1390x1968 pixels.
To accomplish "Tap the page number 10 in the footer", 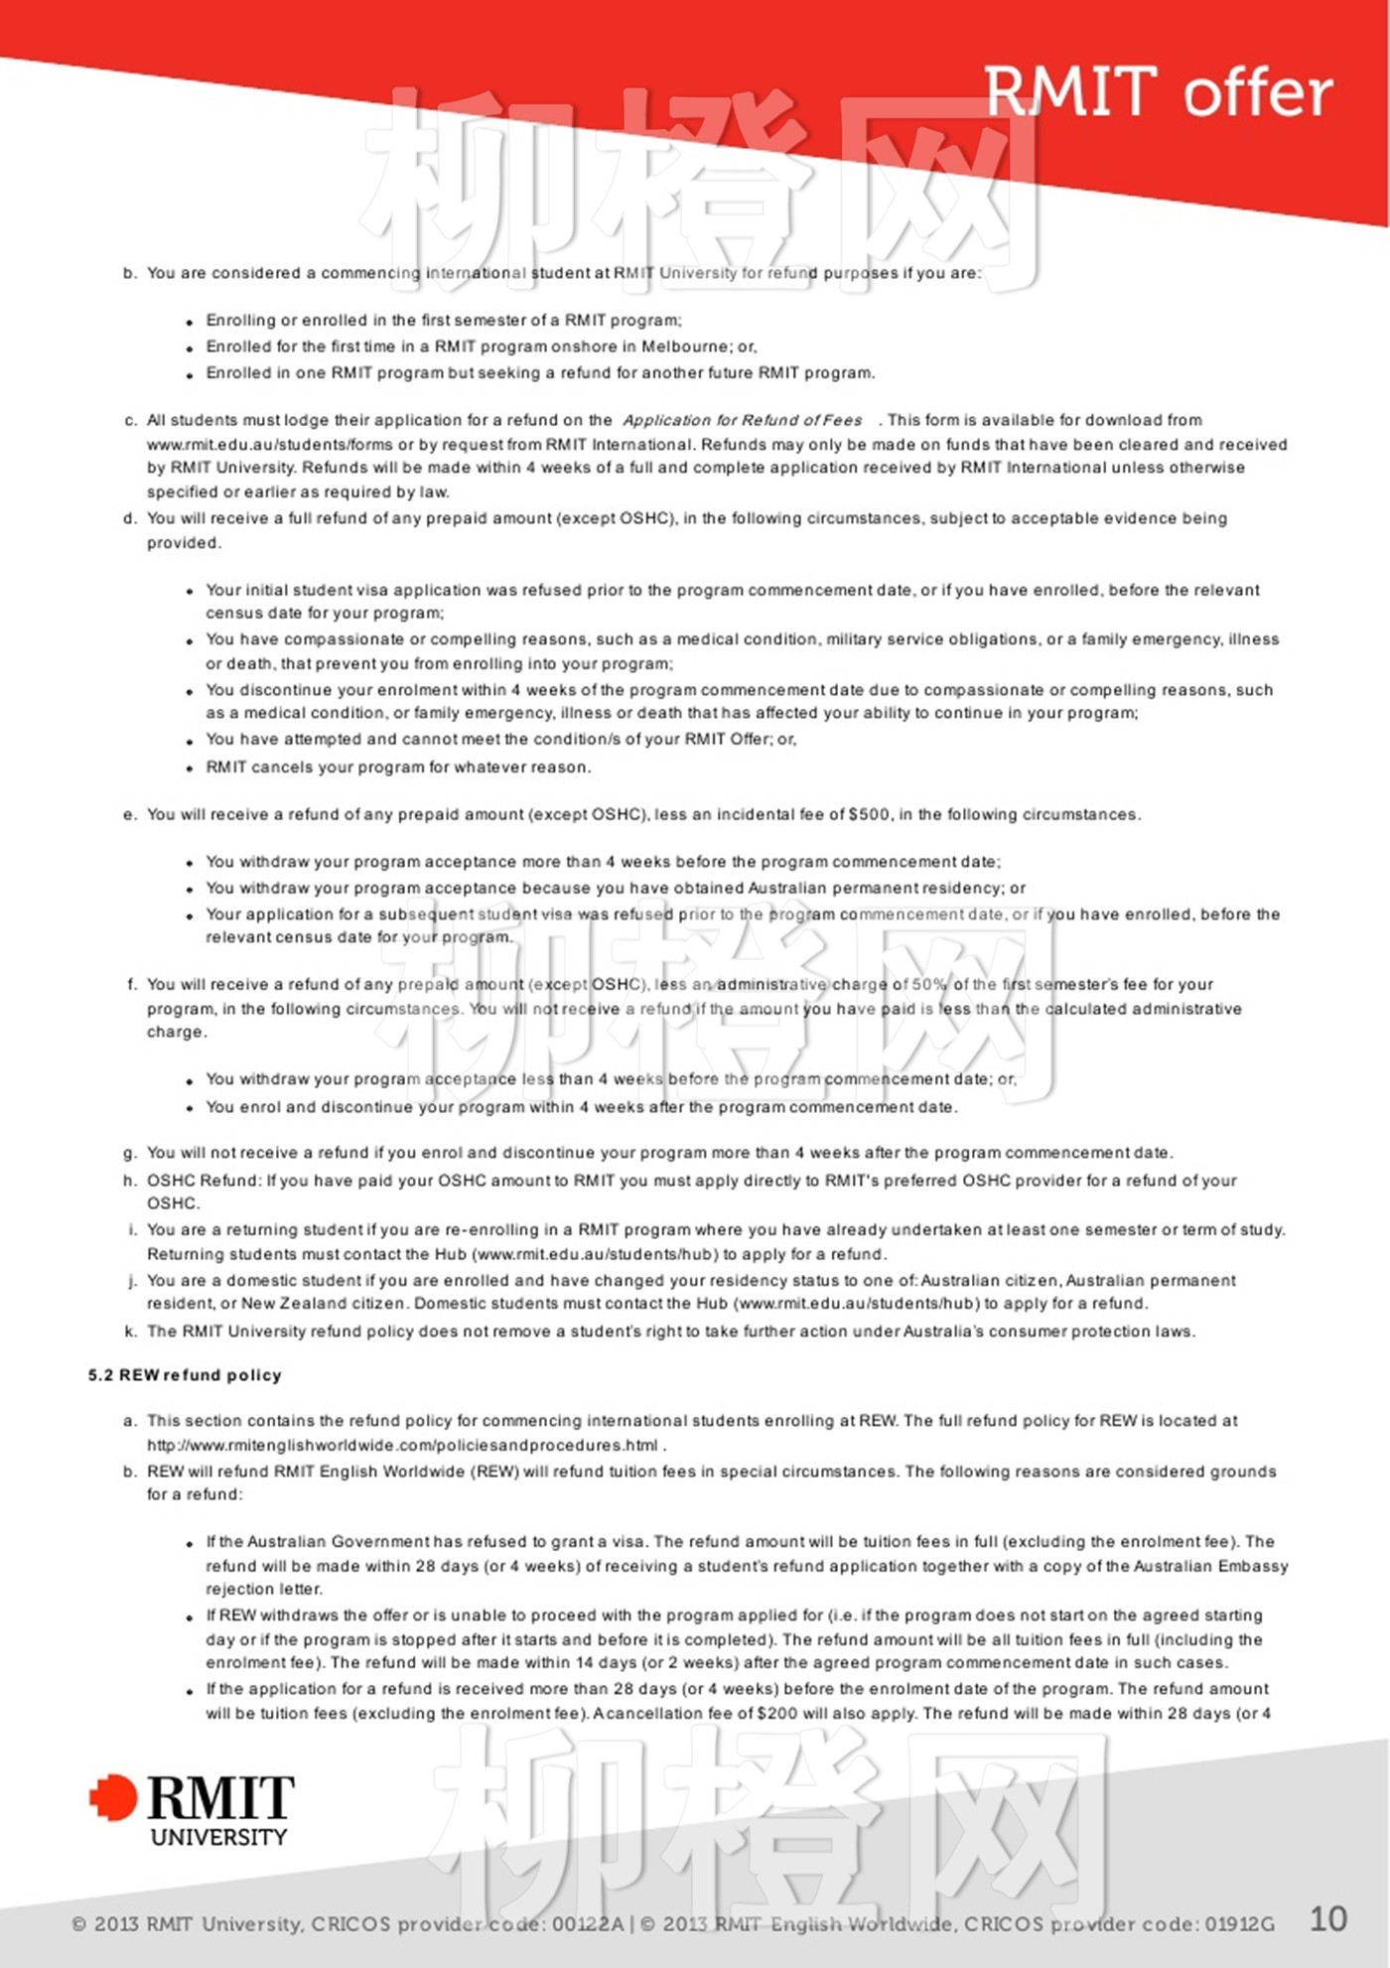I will coord(1327,1918).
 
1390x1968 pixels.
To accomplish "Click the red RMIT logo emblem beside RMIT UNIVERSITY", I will coord(113,1797).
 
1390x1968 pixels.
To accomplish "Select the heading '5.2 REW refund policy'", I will coord(185,1375).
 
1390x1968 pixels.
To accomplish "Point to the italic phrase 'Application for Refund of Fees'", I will coord(743,420).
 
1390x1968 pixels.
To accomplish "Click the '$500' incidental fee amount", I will coord(870,814).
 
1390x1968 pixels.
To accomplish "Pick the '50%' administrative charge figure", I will coord(929,984).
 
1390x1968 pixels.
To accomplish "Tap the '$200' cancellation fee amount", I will coord(774,1713).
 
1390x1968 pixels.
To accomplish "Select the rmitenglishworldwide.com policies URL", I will coord(402,1445).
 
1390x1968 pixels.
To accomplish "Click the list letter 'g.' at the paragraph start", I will coord(130,1153).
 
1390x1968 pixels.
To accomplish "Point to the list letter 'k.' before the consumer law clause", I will coord(130,1331).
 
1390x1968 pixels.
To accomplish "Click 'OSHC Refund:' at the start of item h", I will coord(204,1181).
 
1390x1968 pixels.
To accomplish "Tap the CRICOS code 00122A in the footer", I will coord(588,1924).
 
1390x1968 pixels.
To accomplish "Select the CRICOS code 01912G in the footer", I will coord(1239,1924).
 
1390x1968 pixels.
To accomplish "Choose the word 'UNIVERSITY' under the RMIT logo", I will coord(218,1837).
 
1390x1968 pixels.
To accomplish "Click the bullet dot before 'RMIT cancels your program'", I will coord(190,769).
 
